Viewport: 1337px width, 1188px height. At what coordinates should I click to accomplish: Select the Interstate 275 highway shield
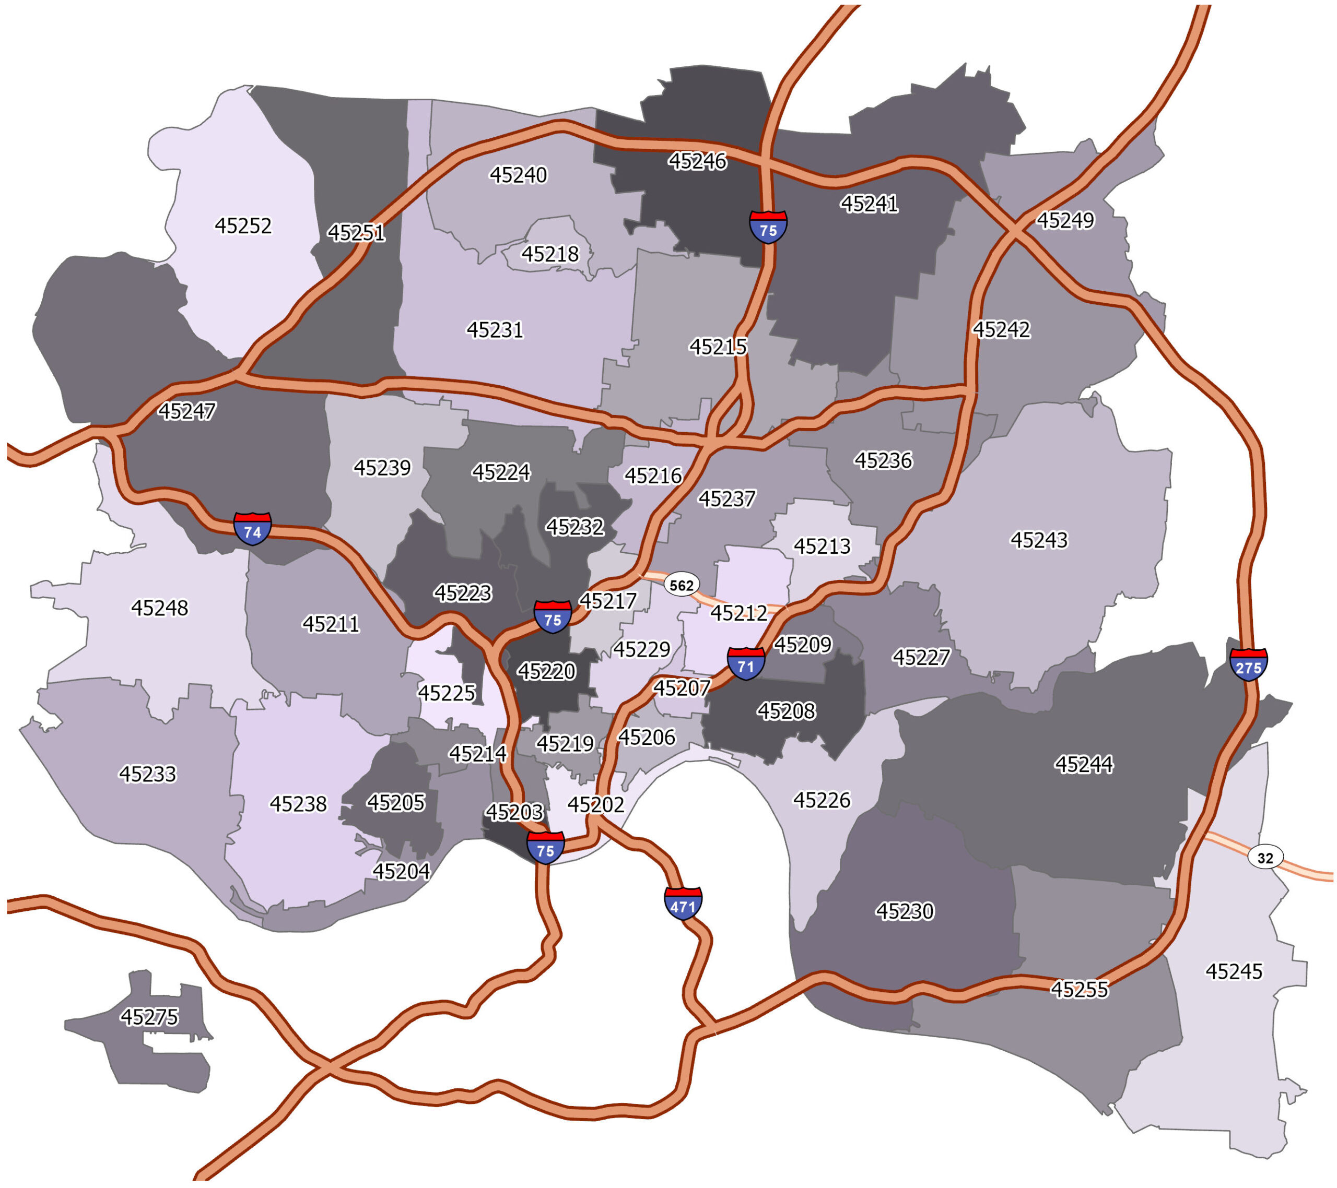1248,665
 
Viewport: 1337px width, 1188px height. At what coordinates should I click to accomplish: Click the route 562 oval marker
682,585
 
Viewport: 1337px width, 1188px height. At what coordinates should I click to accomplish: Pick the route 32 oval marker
1265,857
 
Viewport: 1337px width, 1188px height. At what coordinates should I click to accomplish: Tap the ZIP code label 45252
243,225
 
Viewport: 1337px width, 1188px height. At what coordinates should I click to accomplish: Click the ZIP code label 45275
149,1017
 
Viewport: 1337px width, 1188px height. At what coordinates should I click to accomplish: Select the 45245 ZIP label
1234,971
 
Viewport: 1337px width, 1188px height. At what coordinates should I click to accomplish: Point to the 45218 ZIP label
550,254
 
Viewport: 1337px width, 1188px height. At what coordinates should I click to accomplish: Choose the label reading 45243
1039,540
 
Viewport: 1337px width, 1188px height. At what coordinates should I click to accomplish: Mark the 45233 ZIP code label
147,774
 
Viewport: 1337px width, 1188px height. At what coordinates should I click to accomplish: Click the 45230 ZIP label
905,911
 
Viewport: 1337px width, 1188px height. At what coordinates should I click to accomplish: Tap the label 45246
697,161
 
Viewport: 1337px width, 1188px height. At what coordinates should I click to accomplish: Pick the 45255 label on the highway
1080,989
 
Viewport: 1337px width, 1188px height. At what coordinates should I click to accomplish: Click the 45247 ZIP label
186,411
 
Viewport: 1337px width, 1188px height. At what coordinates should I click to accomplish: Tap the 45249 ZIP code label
1065,220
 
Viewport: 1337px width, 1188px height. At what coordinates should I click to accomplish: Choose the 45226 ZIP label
822,800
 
